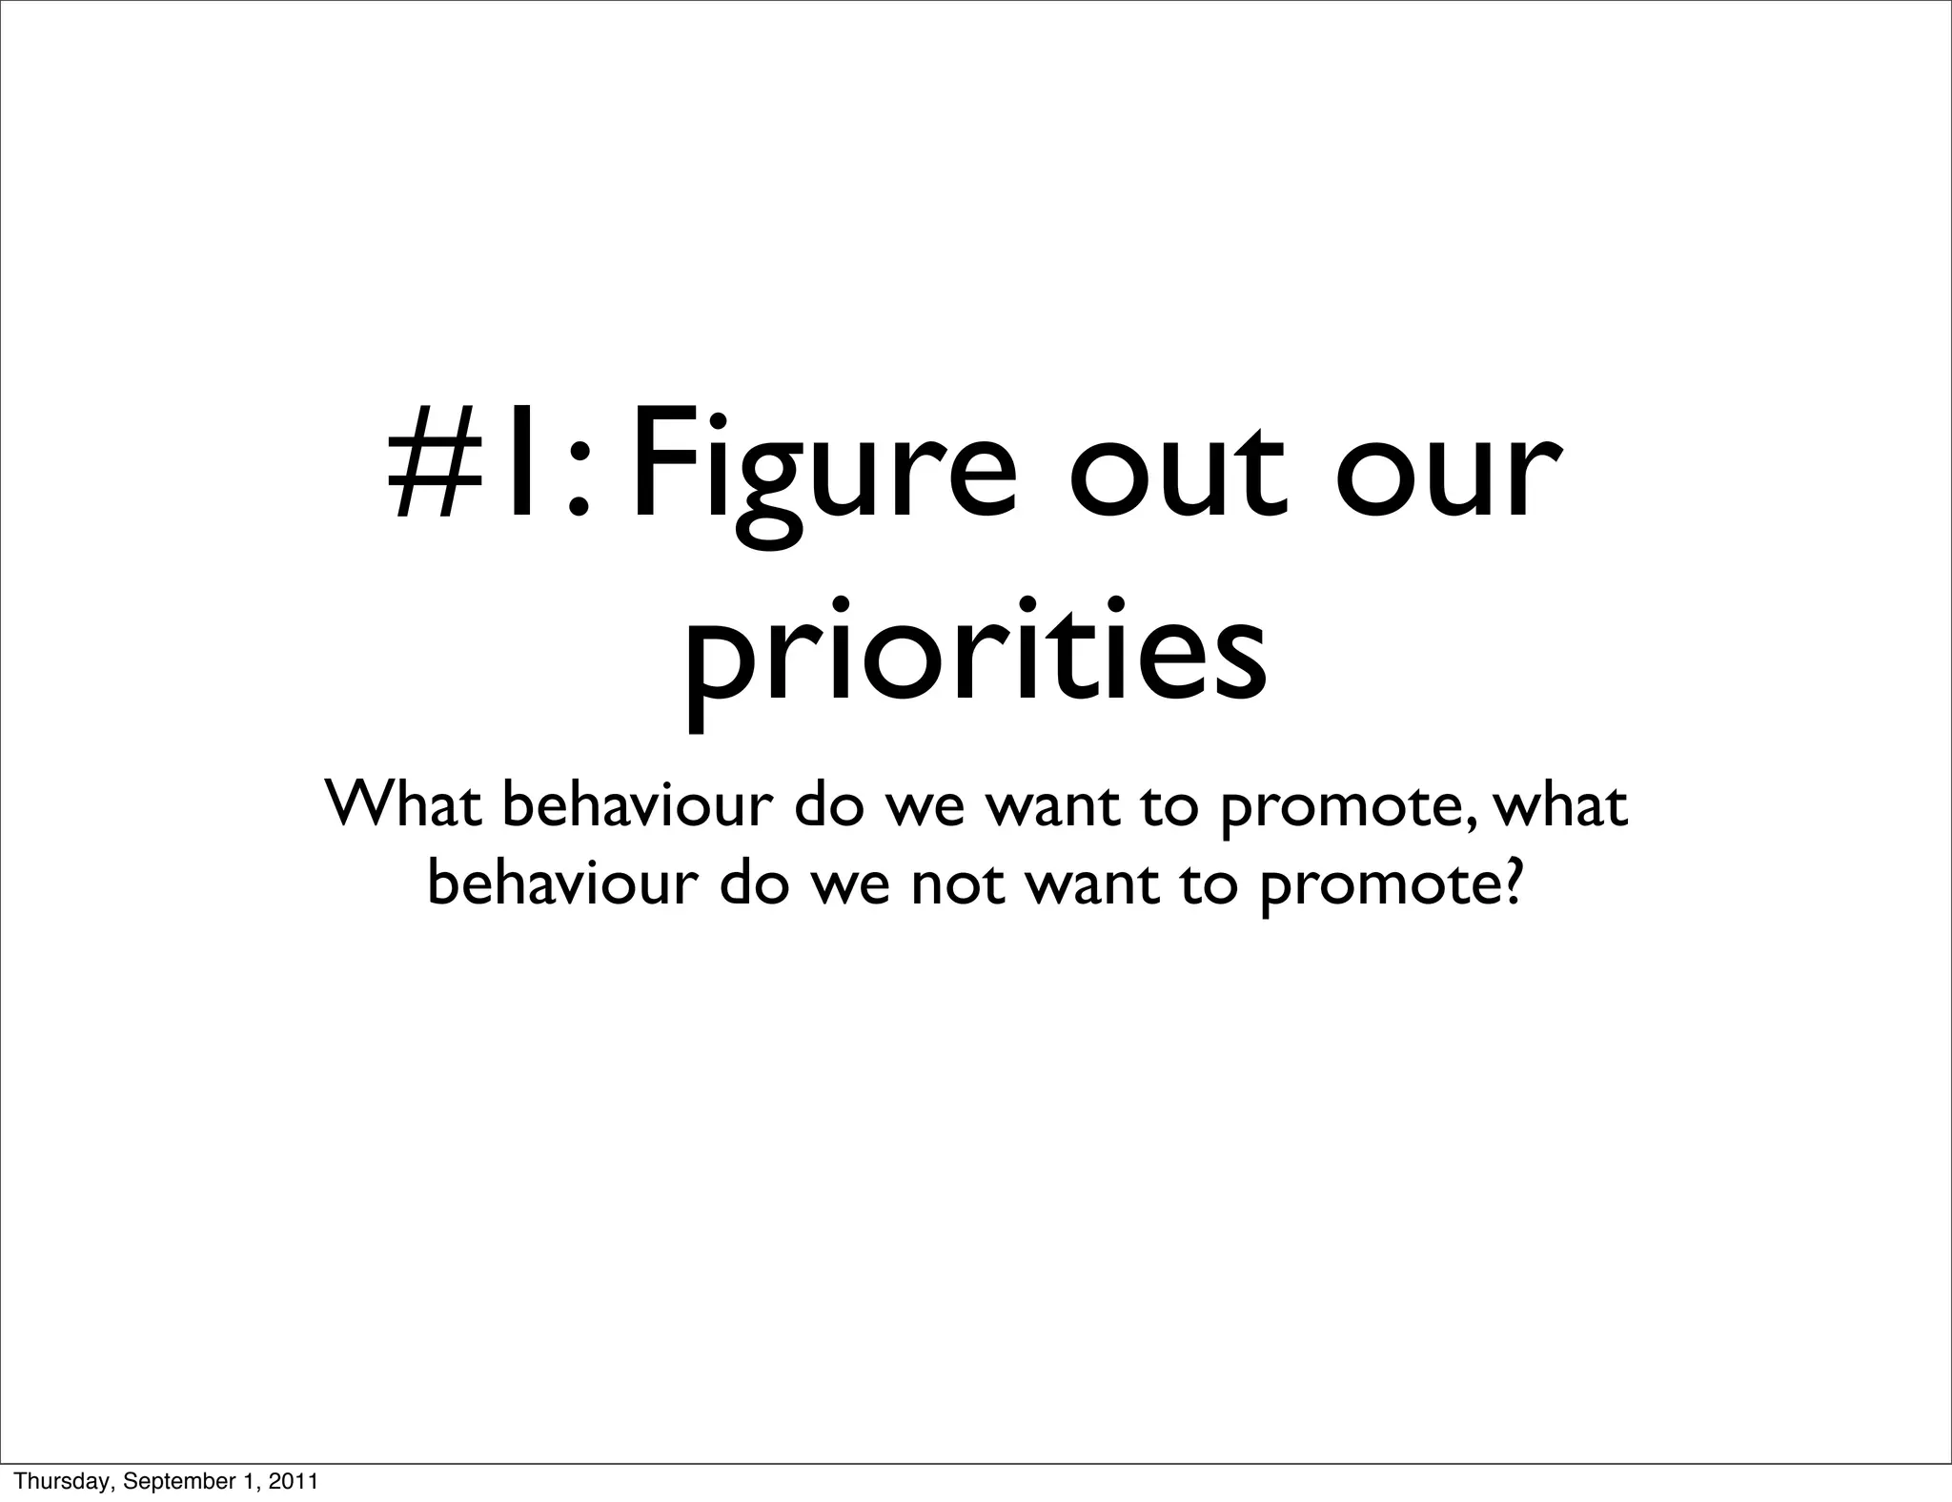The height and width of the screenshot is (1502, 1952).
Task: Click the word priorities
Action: pos(975,658)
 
